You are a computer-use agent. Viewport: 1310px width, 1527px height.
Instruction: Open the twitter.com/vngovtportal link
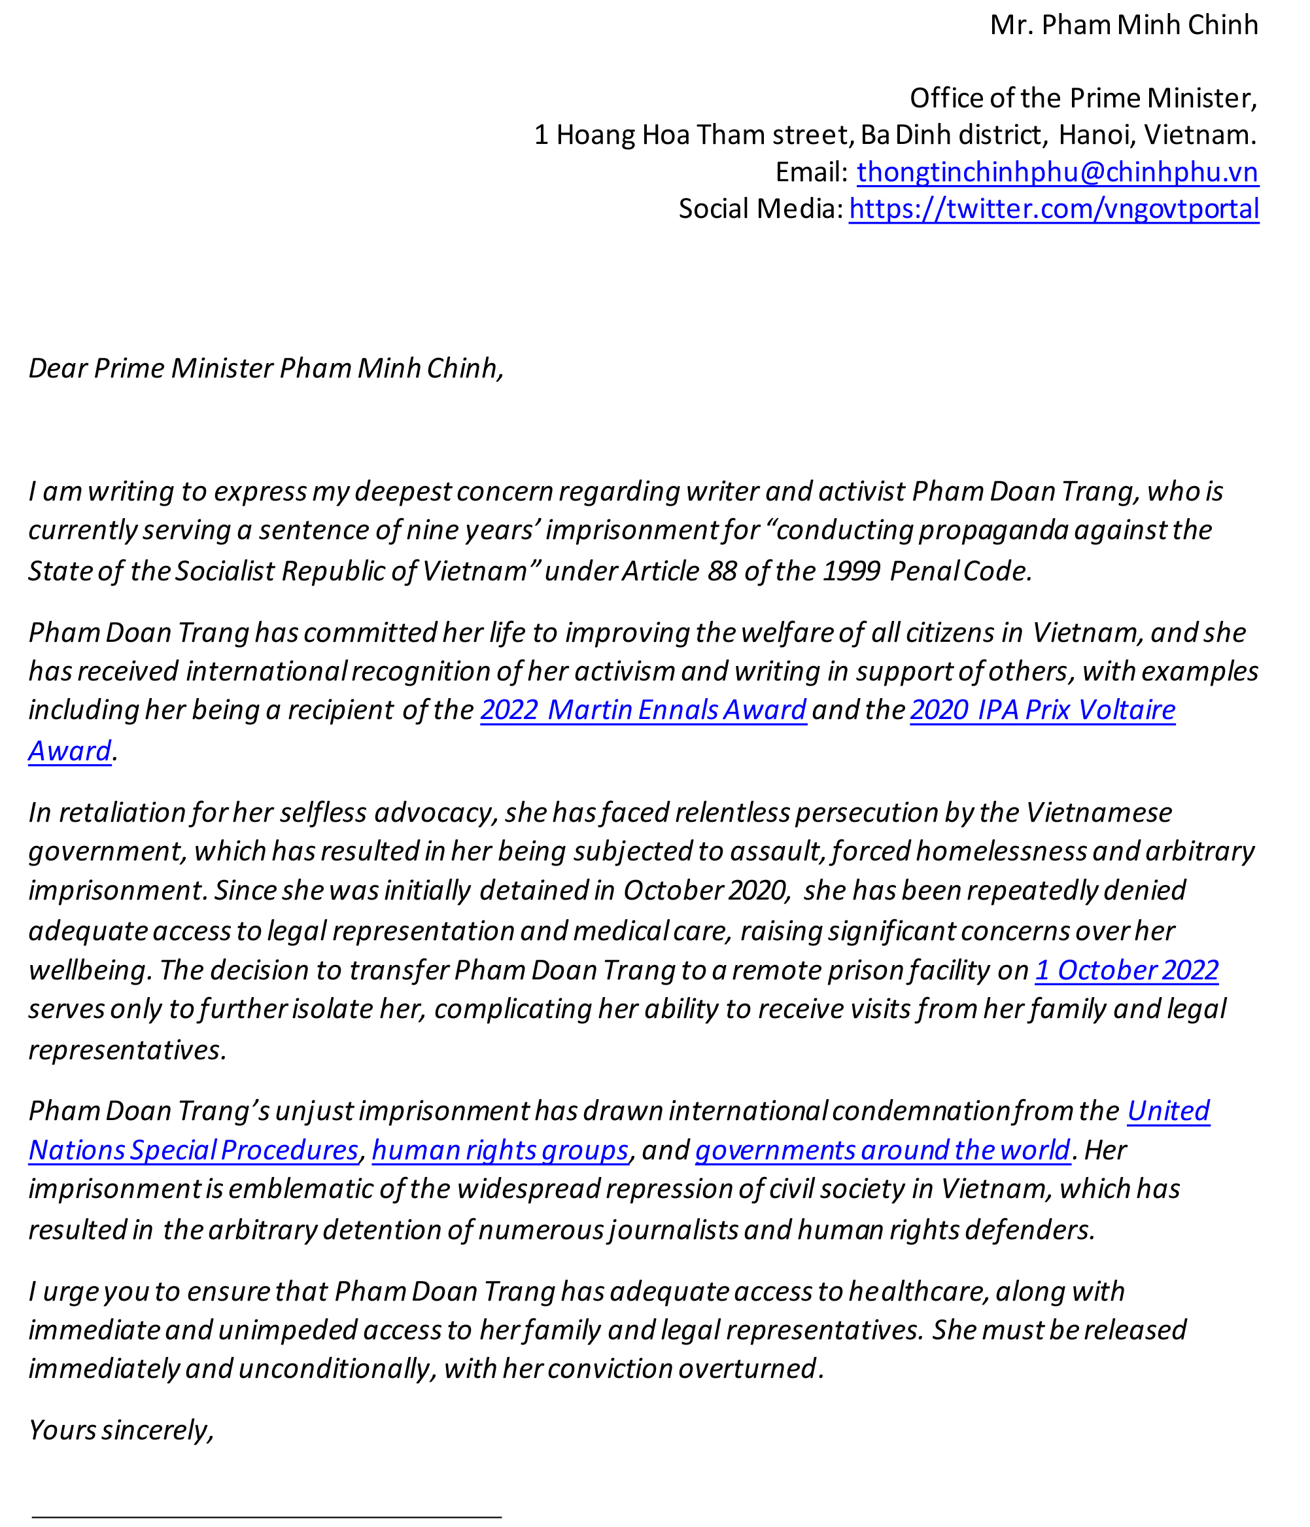[1054, 209]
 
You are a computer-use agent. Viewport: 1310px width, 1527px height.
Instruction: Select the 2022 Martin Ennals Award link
[643, 710]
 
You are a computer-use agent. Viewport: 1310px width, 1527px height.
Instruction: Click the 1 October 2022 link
[1126, 970]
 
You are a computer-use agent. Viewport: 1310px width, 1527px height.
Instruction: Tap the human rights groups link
[500, 1150]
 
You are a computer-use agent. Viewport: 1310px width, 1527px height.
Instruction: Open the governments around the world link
[882, 1150]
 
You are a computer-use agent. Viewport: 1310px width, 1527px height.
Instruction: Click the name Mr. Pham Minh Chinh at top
[1124, 25]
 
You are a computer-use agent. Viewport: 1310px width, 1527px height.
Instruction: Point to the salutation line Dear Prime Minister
[266, 368]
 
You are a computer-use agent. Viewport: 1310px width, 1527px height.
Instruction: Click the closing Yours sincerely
[121, 1430]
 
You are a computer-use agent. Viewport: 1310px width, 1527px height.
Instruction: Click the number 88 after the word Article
[721, 571]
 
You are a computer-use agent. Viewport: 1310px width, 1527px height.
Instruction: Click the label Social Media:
[759, 209]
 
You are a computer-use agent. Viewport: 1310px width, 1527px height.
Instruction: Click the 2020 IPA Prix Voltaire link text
[1042, 710]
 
